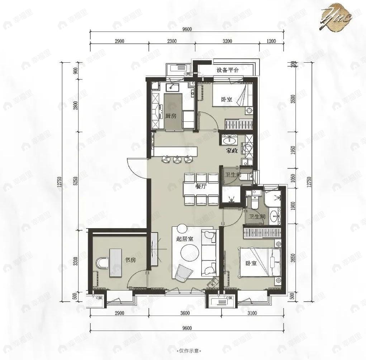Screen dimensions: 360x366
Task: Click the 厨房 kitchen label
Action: [171, 116]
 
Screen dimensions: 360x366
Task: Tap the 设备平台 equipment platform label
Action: [228, 70]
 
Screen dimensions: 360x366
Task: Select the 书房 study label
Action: [130, 260]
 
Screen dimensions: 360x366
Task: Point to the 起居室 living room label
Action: [185, 239]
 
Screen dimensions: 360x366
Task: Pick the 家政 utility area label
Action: [232, 151]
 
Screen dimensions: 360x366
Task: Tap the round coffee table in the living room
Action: [187, 253]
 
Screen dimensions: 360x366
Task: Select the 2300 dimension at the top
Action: [172, 41]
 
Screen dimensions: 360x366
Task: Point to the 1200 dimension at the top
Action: [271, 41]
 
